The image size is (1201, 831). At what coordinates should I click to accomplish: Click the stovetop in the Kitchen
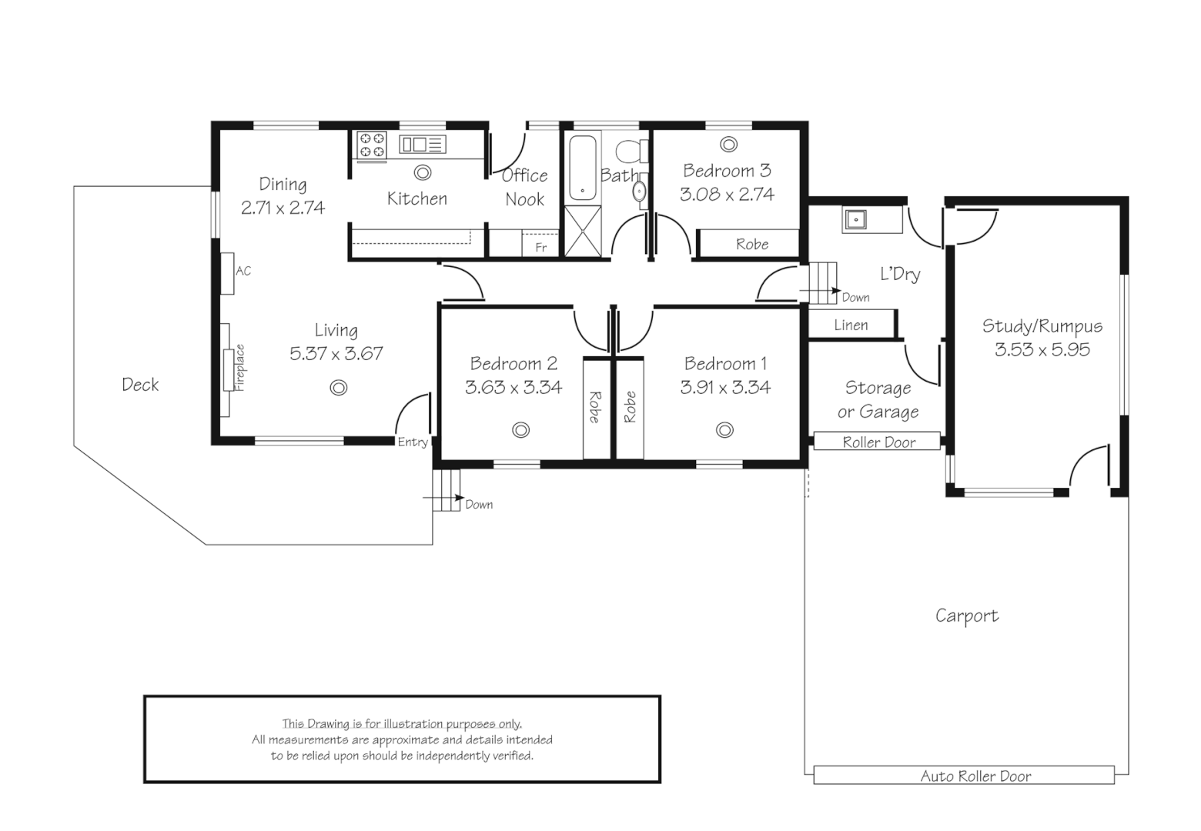coord(372,145)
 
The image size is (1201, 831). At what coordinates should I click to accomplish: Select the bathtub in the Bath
coord(583,169)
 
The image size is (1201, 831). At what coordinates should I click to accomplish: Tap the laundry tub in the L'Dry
coord(855,219)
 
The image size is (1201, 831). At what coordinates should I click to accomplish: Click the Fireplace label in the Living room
coord(239,368)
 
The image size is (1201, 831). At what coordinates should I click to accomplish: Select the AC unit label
coord(243,271)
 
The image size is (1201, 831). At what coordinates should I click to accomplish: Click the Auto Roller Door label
coord(975,776)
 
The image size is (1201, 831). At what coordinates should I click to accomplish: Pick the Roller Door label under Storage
coord(878,442)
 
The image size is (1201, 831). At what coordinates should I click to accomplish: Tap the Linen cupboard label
coord(851,325)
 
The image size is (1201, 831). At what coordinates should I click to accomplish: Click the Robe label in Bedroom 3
coord(751,245)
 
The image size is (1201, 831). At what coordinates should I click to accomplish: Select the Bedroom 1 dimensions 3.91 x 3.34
coord(724,387)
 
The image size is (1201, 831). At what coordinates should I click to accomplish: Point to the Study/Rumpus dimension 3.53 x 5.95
coord(1042,349)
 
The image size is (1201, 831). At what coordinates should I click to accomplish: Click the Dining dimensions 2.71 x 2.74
coord(283,207)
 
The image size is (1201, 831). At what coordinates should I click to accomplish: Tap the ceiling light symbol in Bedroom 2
coord(521,430)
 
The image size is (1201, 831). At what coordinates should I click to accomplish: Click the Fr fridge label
coord(540,247)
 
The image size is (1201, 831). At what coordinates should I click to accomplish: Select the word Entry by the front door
coord(413,442)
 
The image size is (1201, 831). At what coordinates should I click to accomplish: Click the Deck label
coord(140,385)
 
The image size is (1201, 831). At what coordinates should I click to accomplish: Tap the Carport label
coord(966,616)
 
